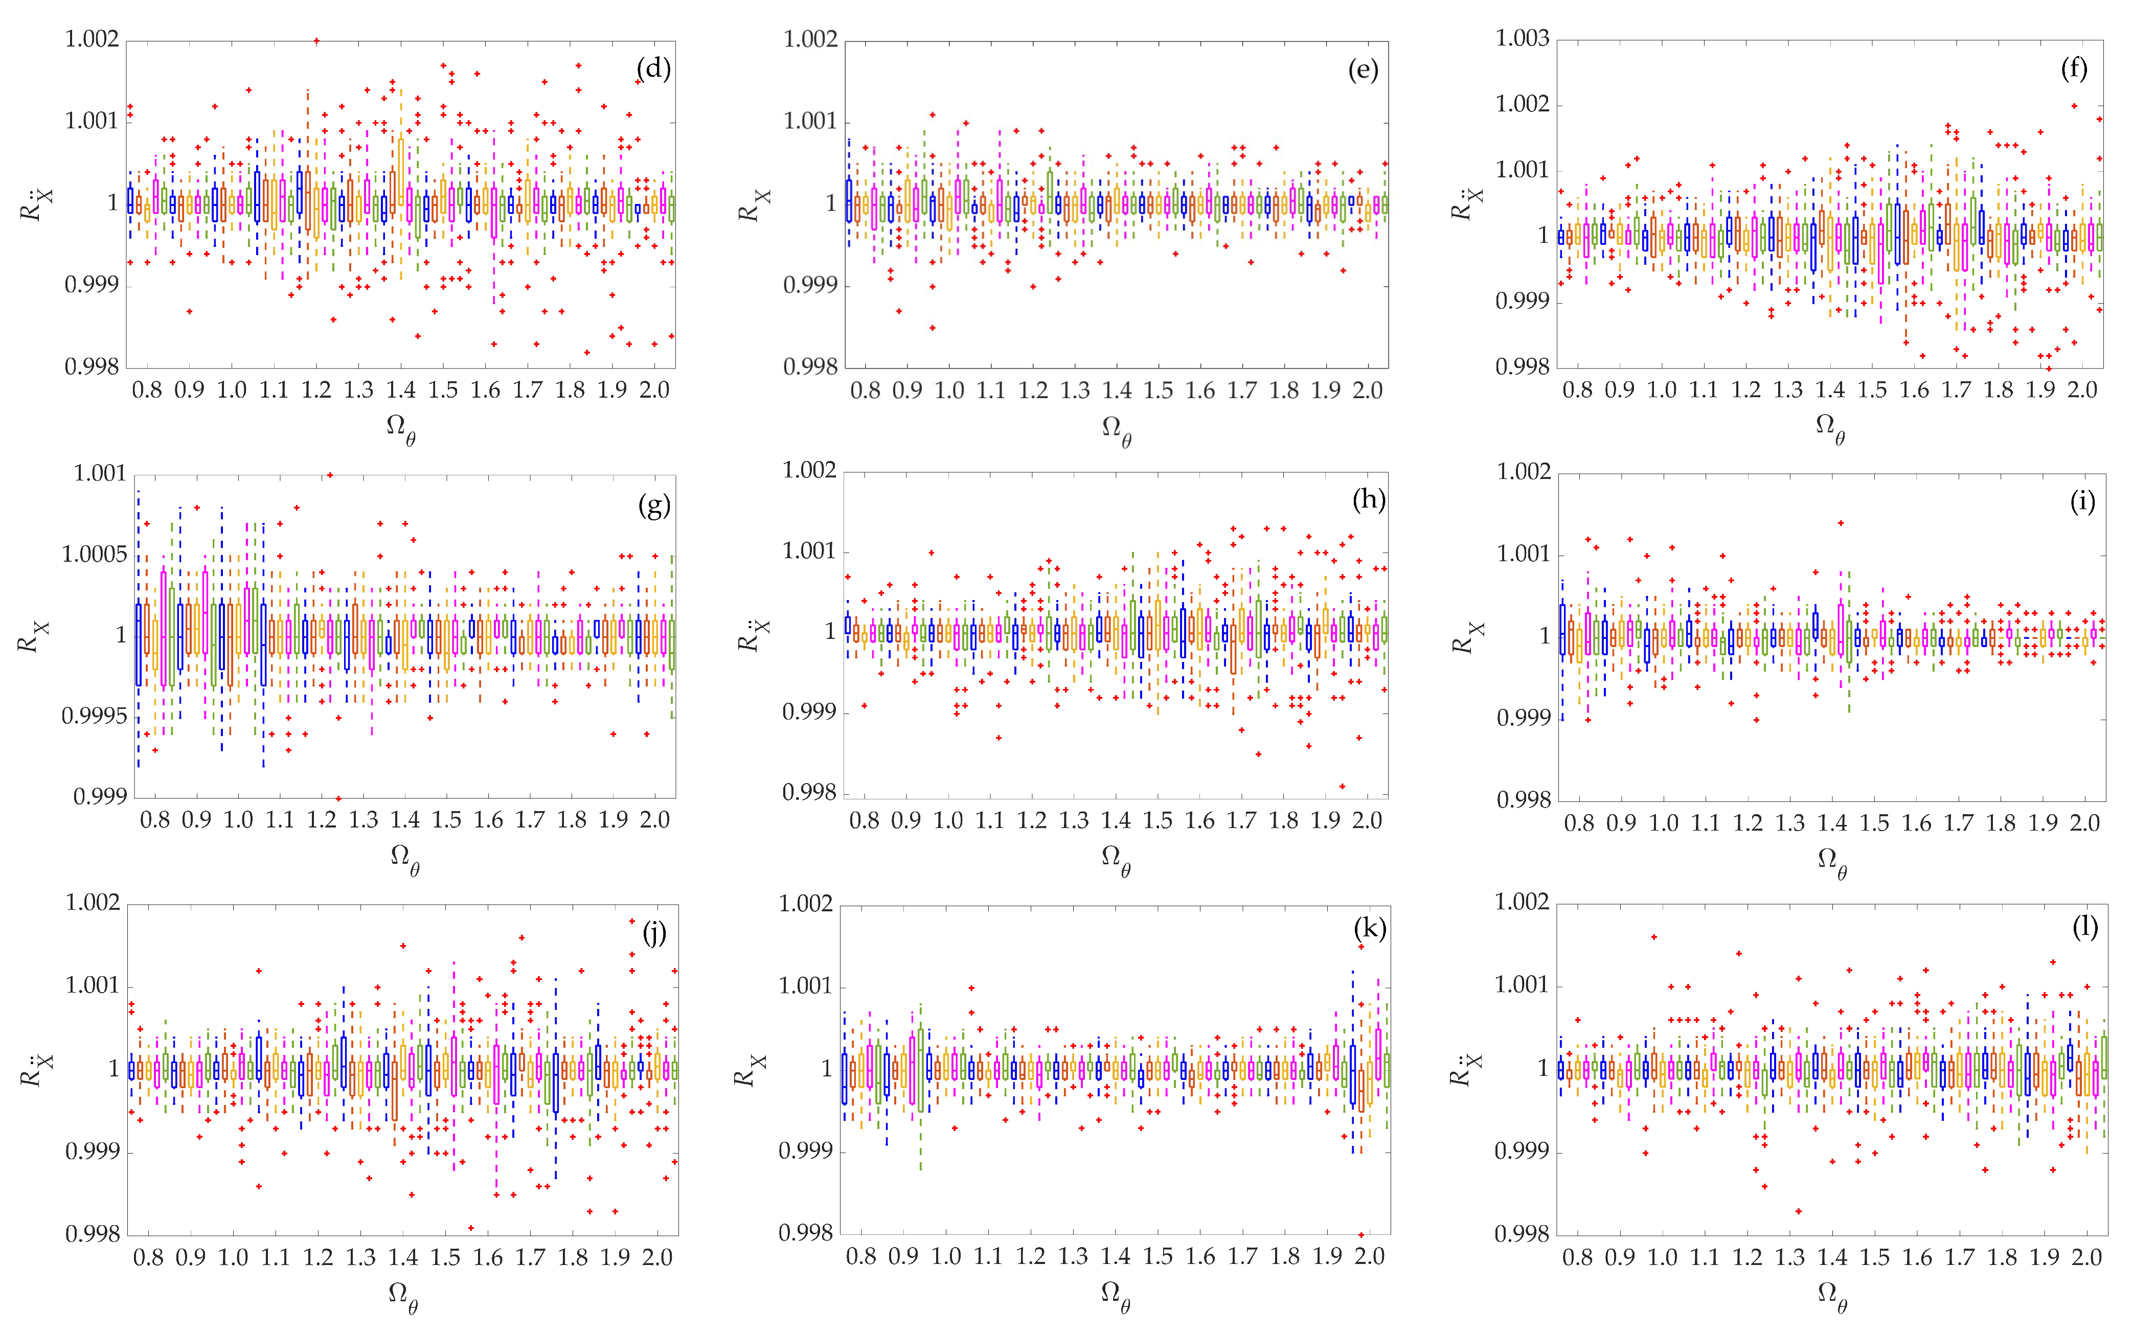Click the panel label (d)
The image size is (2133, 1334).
[x=653, y=69]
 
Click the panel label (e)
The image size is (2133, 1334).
[x=1363, y=70]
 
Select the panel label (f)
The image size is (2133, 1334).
[x=2074, y=69]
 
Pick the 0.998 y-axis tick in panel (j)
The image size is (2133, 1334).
[x=92, y=1233]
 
